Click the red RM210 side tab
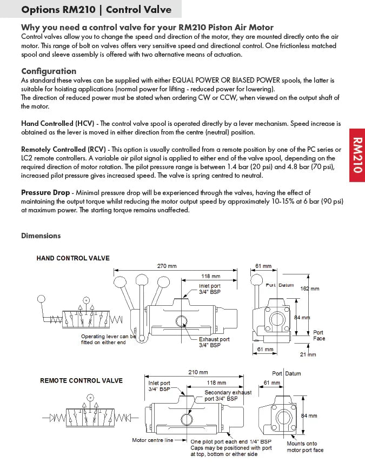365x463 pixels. [x=357, y=155]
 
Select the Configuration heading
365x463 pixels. [x=49, y=71]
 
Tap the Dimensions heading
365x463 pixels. [x=41, y=236]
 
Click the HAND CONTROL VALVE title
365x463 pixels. [x=73, y=258]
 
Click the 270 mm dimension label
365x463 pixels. [x=167, y=266]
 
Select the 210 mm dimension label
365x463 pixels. [x=198, y=372]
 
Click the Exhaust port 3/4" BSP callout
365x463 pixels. [x=214, y=342]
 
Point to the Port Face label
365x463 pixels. [x=318, y=335]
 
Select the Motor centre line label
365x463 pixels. [x=153, y=440]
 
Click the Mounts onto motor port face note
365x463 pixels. [x=305, y=447]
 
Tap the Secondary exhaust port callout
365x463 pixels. [x=228, y=395]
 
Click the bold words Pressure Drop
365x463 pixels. [x=45, y=192]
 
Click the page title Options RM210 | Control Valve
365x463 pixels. [x=97, y=10]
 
